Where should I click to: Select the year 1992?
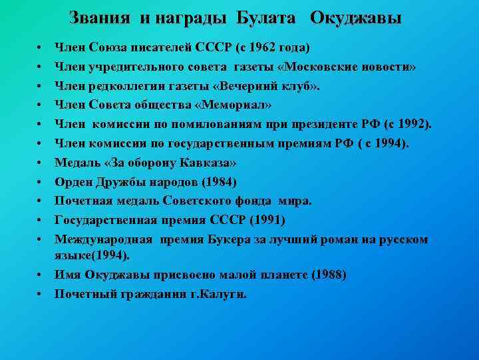tap(412, 124)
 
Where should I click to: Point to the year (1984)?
tap(219, 181)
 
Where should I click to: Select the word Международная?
tap(104, 239)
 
